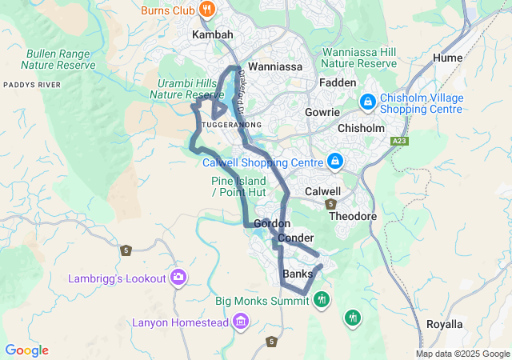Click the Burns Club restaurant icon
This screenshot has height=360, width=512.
(x=207, y=10)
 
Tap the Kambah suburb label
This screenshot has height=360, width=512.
(x=213, y=36)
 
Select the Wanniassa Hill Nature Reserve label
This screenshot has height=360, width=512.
(x=359, y=58)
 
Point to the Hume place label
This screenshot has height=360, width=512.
(x=447, y=58)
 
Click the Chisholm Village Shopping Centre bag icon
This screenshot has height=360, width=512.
(x=367, y=102)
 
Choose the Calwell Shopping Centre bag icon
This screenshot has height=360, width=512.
(x=335, y=162)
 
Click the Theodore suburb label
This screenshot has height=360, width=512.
(x=353, y=217)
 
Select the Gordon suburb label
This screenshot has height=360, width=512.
(x=271, y=223)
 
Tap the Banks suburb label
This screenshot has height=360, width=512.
(x=298, y=274)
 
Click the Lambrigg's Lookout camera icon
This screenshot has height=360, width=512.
(x=178, y=278)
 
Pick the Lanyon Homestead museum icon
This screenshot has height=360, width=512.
(x=241, y=322)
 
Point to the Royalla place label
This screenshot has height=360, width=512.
(x=444, y=324)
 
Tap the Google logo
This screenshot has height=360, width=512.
(x=26, y=350)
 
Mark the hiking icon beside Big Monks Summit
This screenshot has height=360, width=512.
(x=322, y=300)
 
